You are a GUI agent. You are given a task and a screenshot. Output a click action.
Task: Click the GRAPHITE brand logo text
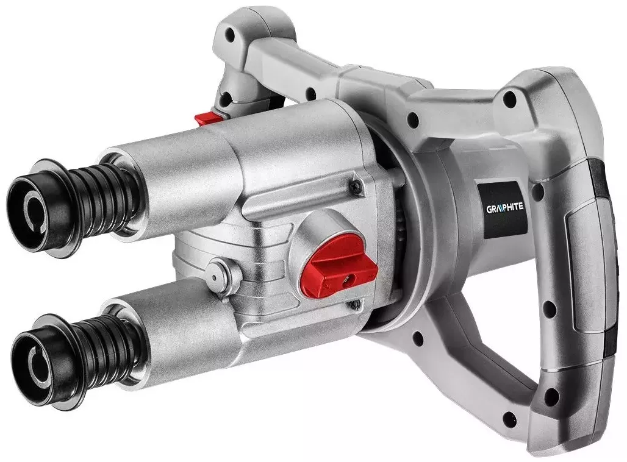point(504,208)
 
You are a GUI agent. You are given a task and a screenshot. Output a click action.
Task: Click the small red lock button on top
point(209,118)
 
